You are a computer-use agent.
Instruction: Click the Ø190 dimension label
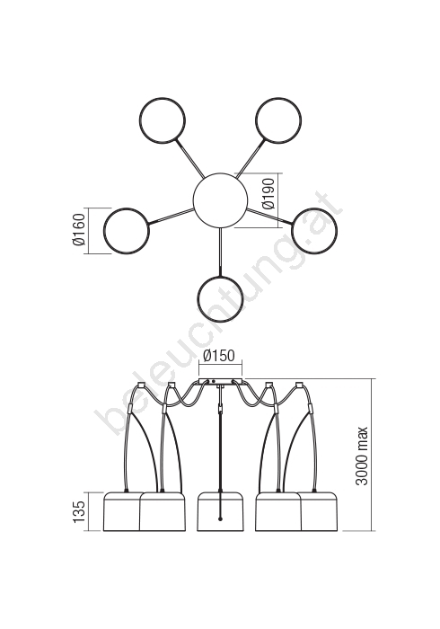pyautogui.click(x=269, y=194)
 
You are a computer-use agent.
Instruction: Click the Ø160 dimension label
pyautogui.click(x=79, y=230)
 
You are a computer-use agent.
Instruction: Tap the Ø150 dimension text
pyautogui.click(x=219, y=356)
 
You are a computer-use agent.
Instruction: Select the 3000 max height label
pyautogui.click(x=362, y=456)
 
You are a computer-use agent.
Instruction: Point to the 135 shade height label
pyautogui.click(x=79, y=511)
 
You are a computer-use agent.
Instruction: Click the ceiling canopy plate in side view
pyautogui.click(x=220, y=381)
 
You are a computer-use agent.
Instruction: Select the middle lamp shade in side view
pyautogui.click(x=220, y=511)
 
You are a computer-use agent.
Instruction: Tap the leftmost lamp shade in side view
pyautogui.click(x=121, y=511)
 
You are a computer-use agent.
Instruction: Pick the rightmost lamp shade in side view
pyautogui.click(x=320, y=511)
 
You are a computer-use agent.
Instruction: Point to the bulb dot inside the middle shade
pyautogui.click(x=220, y=519)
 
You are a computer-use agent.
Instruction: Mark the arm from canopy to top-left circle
pyautogui.click(x=189, y=157)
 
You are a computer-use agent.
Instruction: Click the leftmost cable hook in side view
pyautogui.click(x=141, y=385)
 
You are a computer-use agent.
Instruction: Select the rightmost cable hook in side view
pyautogui.click(x=298, y=385)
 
